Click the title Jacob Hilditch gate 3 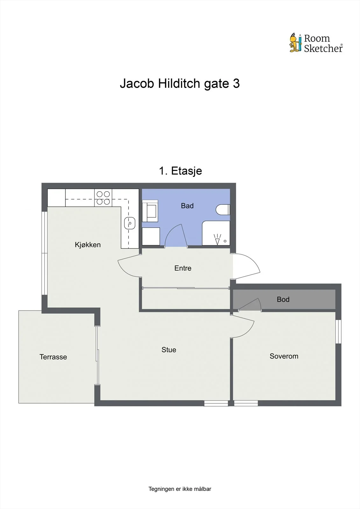click(180, 83)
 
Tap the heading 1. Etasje click(180, 171)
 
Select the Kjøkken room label click(88, 245)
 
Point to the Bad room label click(187, 206)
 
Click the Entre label click(183, 268)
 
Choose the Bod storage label click(283, 299)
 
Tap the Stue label click(169, 350)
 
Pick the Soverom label click(284, 356)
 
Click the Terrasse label click(53, 357)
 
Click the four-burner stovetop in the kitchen click(103, 198)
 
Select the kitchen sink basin click(130, 223)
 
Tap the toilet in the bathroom click(222, 210)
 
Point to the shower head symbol click(217, 239)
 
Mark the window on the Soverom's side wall click(338, 331)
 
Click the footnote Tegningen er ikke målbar click(180, 489)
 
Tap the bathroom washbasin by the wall click(150, 211)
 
